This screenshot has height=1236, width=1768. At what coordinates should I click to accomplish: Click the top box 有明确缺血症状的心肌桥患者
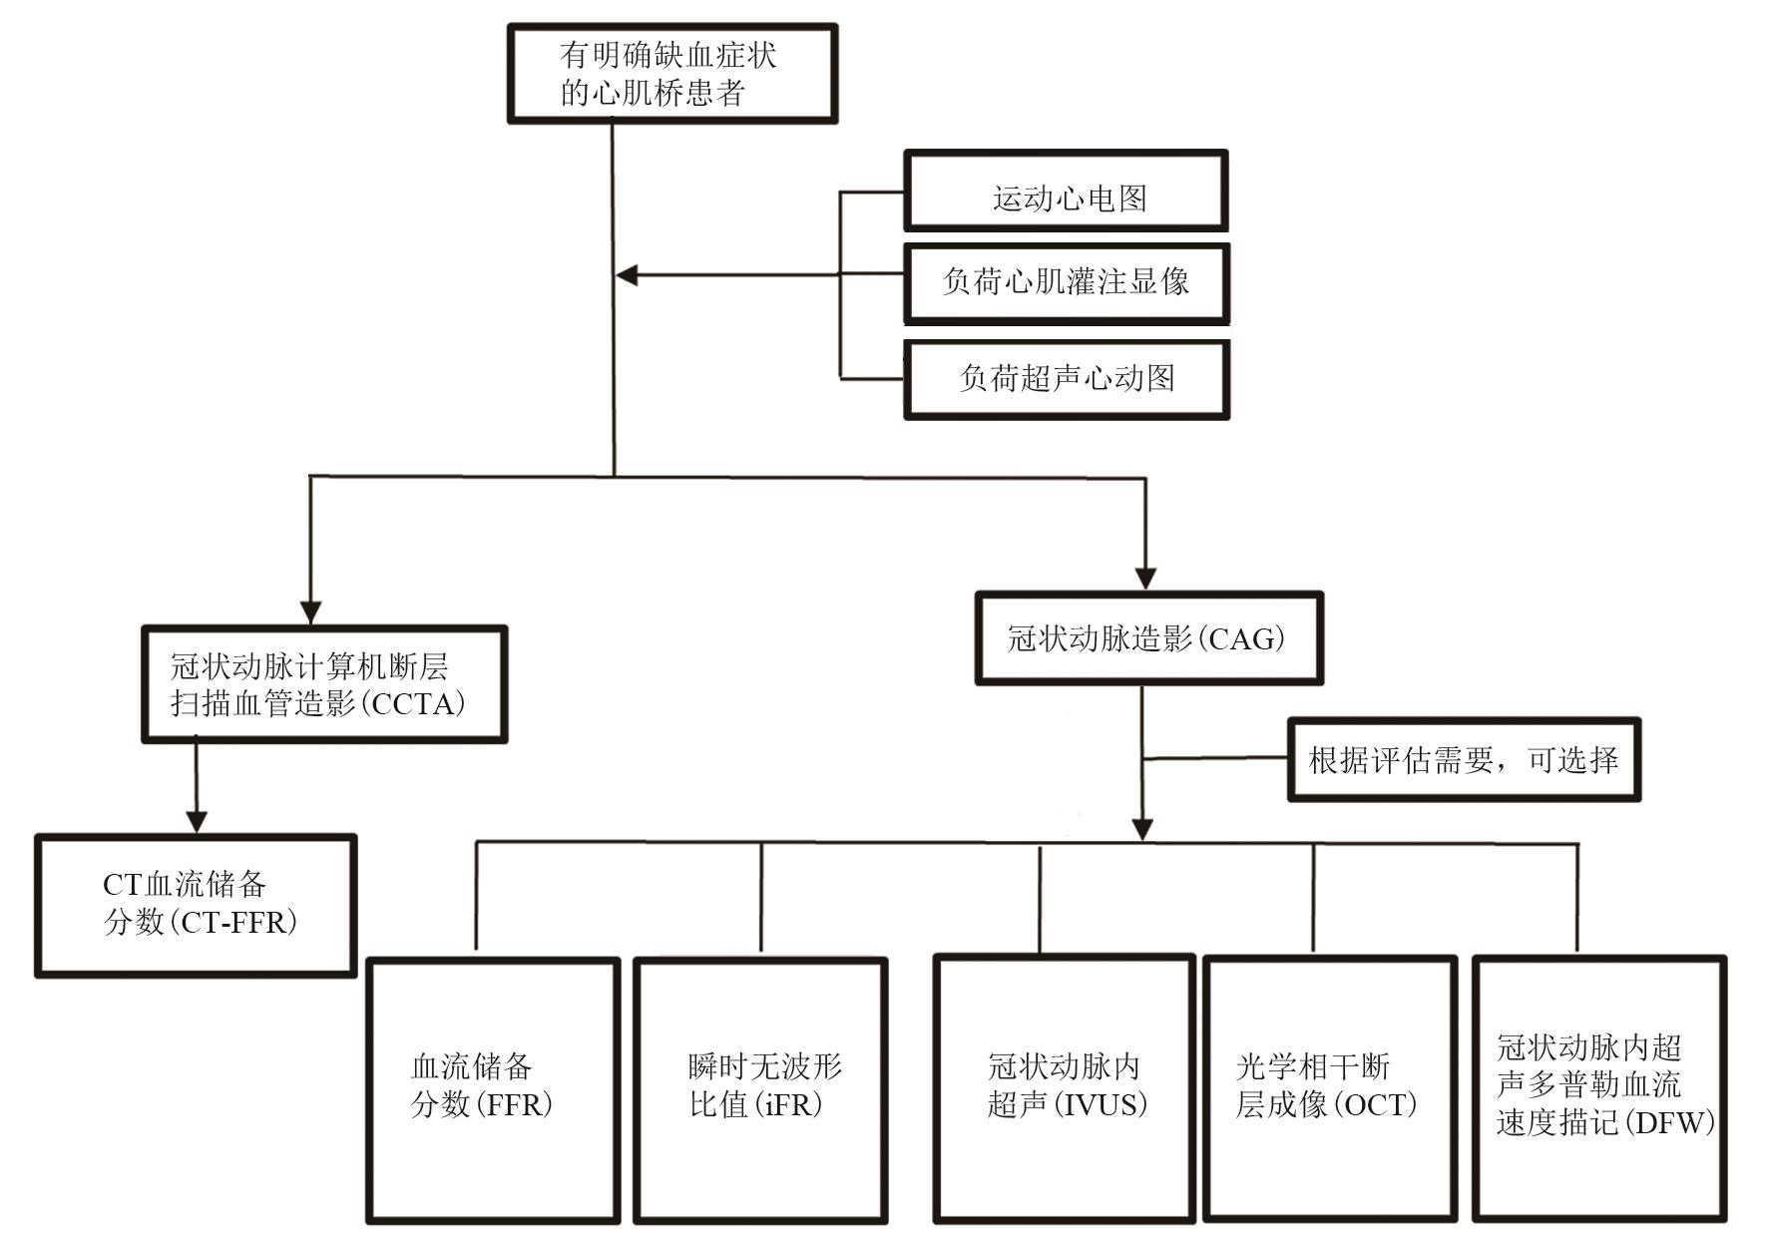click(671, 74)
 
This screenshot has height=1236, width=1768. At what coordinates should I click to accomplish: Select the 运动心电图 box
click(1066, 192)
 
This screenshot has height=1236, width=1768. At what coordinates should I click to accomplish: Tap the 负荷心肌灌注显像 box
click(1066, 283)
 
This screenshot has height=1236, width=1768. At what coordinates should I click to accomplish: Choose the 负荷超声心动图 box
click(1066, 379)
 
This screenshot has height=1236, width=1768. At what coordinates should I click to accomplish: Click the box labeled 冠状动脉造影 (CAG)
click(1148, 638)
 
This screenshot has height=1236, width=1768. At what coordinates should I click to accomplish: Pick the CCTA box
click(324, 684)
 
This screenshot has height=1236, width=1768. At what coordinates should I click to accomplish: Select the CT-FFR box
click(196, 905)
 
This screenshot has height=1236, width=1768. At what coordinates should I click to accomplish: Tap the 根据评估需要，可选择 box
click(1463, 760)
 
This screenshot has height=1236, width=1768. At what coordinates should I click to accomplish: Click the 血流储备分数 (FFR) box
click(493, 1089)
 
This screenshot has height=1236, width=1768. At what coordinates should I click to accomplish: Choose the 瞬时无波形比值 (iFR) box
click(760, 1089)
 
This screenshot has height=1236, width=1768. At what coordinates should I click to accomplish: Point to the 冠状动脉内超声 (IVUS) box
click(1064, 1087)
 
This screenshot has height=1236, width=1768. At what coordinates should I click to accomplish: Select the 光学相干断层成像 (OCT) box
click(1329, 1087)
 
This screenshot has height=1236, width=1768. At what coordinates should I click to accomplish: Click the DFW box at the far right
click(1599, 1087)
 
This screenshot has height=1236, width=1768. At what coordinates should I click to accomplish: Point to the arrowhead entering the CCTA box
click(311, 612)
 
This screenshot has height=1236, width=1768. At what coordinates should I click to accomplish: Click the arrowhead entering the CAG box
click(1145, 579)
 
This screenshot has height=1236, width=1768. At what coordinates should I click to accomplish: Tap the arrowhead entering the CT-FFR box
click(197, 820)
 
